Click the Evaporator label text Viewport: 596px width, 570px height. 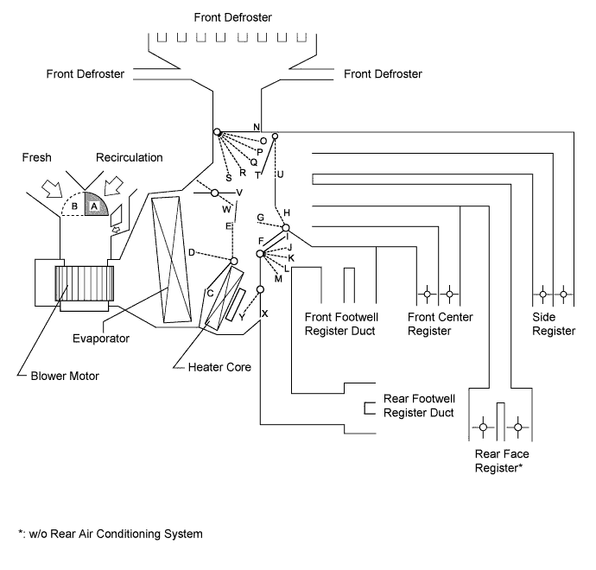click(x=100, y=339)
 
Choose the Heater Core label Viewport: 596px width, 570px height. click(x=219, y=367)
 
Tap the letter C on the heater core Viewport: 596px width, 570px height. click(x=210, y=293)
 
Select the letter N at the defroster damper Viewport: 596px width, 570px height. click(x=257, y=127)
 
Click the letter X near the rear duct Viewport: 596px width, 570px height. click(x=264, y=313)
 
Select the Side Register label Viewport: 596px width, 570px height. click(x=554, y=324)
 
